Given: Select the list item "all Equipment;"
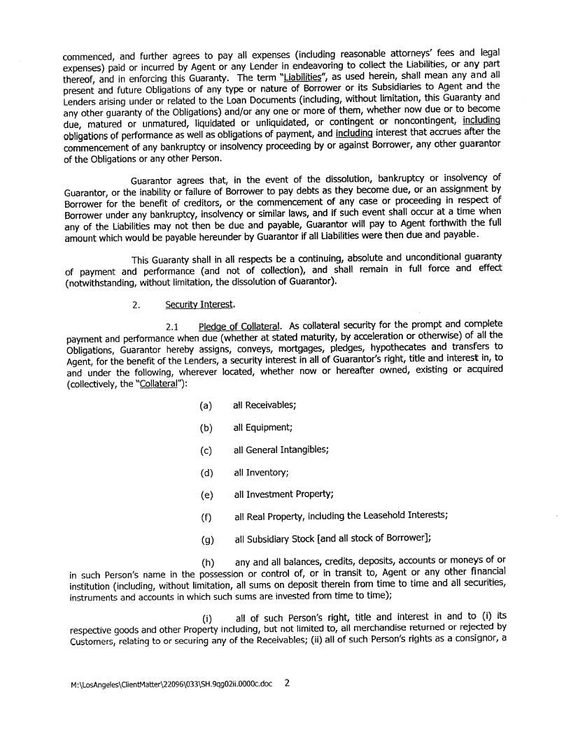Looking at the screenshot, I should point(263,428).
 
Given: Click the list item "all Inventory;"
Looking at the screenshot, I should point(261,473).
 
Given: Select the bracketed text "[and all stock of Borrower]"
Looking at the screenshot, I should point(373,538).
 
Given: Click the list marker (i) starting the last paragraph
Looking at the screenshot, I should point(208,617).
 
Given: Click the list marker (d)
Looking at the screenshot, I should point(206,473).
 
